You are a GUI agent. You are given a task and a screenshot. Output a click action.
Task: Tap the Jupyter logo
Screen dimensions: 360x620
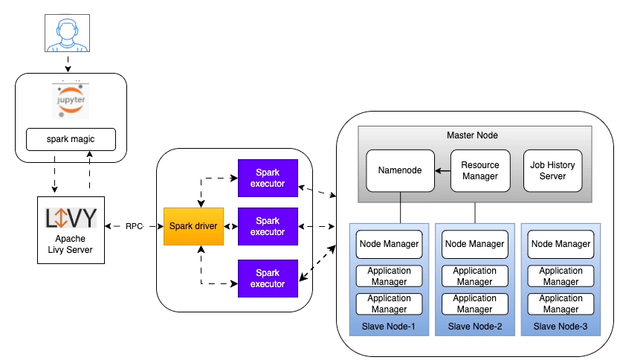(x=71, y=100)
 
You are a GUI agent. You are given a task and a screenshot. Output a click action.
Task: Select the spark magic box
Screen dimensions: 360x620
(x=71, y=138)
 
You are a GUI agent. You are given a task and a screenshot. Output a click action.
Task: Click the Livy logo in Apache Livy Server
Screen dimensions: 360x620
(x=71, y=219)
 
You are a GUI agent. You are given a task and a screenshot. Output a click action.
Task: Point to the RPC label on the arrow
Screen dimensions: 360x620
(x=134, y=226)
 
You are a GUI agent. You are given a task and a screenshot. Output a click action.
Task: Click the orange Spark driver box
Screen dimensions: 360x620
(x=193, y=226)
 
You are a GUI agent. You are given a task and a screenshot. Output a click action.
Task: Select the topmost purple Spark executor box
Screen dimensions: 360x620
(x=267, y=178)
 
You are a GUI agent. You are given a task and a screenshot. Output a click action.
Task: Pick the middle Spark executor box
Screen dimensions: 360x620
(x=267, y=226)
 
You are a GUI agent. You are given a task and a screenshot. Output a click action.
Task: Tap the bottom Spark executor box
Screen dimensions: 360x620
(x=267, y=278)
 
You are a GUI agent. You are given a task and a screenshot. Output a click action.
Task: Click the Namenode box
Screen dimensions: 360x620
(x=400, y=170)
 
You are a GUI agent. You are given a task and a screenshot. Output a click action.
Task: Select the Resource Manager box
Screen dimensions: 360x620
(x=480, y=170)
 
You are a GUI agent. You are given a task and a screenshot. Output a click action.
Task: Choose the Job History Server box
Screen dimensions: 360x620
(x=554, y=170)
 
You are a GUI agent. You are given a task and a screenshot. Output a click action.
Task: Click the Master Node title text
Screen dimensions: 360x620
(x=472, y=135)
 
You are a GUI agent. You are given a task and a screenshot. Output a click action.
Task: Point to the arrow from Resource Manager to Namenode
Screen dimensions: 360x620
(x=443, y=170)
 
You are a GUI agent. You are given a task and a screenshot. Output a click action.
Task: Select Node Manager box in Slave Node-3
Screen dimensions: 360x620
(x=561, y=244)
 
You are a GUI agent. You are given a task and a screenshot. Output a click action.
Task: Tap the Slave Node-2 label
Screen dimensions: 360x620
(x=475, y=327)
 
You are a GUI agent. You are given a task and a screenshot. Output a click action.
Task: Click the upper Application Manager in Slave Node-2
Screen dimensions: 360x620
(x=475, y=277)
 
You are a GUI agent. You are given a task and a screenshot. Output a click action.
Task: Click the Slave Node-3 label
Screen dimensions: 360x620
(x=561, y=327)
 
